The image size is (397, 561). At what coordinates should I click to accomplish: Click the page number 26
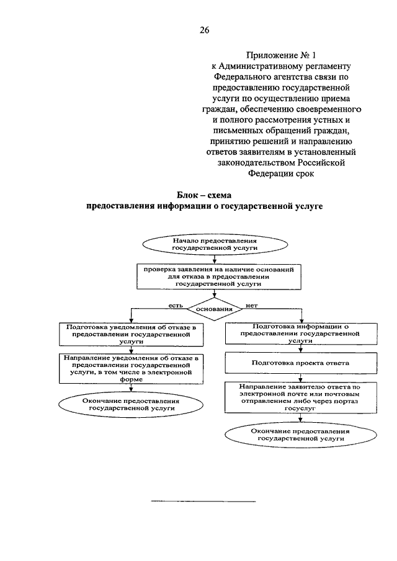(x=205, y=30)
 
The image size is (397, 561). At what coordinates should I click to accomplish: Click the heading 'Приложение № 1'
(x=281, y=55)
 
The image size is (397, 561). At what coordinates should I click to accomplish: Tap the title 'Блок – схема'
(x=204, y=195)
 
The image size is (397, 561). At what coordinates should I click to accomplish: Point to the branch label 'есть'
(x=176, y=305)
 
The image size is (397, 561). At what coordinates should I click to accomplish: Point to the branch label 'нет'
(x=252, y=305)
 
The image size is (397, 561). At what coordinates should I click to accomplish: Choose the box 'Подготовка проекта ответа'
(x=301, y=363)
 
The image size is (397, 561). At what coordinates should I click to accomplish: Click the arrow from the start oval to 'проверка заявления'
(x=215, y=259)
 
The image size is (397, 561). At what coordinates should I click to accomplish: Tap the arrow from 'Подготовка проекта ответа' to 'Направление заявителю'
(x=301, y=378)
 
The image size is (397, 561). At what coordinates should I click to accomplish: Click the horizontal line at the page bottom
(x=203, y=501)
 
